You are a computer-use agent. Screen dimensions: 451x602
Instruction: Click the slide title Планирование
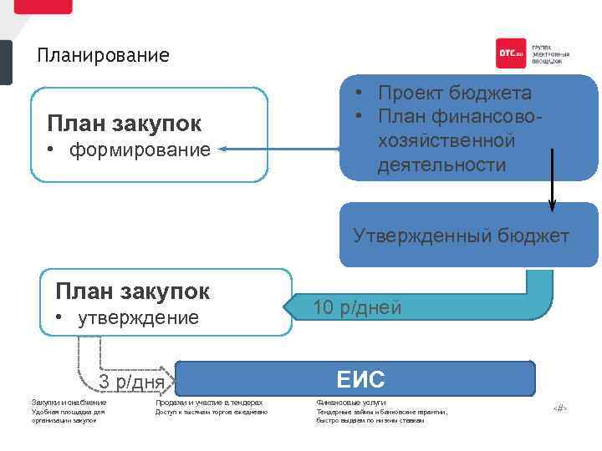[103, 57]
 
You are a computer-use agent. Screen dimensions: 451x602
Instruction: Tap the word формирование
[140, 150]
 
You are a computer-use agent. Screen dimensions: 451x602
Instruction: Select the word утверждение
[138, 318]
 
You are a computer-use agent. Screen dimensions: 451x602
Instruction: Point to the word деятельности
[441, 165]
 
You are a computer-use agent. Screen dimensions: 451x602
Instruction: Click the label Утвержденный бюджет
[461, 236]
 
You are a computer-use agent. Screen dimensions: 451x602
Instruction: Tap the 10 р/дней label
[357, 308]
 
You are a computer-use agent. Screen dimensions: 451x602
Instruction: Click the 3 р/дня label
[132, 383]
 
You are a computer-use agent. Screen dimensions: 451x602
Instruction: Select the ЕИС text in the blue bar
[360, 380]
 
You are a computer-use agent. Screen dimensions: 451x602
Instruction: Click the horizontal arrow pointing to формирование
[280, 150]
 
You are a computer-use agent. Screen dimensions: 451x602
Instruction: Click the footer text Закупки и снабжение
[69, 403]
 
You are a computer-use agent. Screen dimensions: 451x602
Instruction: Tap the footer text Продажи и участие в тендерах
[209, 403]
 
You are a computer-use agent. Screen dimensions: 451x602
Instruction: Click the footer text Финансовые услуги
[351, 403]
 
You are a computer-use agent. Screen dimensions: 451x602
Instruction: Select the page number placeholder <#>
[559, 408]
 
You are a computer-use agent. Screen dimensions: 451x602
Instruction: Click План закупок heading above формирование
[125, 124]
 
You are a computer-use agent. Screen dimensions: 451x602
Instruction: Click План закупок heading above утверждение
[132, 291]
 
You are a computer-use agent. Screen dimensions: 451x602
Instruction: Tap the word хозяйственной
[446, 140]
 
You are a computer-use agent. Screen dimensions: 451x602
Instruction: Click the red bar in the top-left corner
[43, 6]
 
